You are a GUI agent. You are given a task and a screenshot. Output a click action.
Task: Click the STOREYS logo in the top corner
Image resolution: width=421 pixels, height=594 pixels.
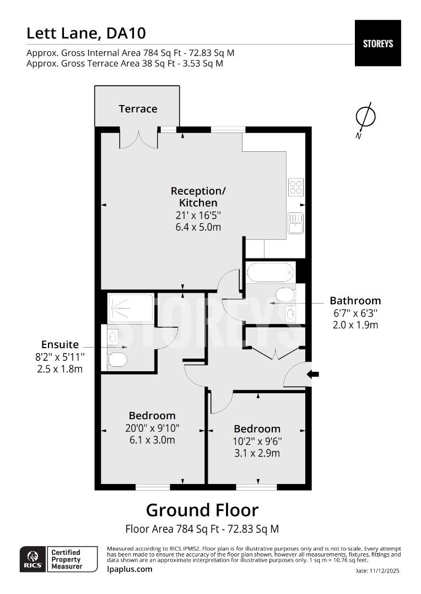[x=377, y=43]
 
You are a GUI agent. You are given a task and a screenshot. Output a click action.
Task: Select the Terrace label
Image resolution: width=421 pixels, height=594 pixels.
[x=138, y=109]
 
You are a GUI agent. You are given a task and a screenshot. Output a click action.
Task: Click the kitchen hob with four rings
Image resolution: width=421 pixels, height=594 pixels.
[x=295, y=188]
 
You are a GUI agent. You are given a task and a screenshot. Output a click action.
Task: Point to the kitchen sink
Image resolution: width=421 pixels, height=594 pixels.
[x=295, y=223]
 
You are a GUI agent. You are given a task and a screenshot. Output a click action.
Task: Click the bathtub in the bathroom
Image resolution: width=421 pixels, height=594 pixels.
[x=271, y=272]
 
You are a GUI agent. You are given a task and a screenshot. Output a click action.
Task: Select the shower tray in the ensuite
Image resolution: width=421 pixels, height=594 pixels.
[x=131, y=308]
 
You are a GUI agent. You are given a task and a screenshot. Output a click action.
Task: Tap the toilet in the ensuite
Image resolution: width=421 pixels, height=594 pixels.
[x=117, y=360]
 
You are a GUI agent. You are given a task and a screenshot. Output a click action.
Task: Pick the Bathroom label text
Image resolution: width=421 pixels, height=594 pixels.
[x=355, y=301]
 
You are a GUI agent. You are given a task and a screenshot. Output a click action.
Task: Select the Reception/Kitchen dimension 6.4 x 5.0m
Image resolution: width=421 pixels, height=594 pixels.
[x=198, y=227]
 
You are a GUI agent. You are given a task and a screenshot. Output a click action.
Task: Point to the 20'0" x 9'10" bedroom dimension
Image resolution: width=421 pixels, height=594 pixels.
[x=152, y=428]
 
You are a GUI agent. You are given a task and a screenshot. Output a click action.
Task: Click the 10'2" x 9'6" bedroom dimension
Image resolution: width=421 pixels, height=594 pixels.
[x=257, y=441]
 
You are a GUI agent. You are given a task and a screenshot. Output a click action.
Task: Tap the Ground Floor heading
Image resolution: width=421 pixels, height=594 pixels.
[x=202, y=510]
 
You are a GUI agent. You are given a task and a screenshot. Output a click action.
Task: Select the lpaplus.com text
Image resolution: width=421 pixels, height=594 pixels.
[x=129, y=569]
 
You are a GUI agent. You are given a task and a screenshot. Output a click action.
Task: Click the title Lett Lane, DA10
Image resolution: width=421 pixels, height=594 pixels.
[x=86, y=34]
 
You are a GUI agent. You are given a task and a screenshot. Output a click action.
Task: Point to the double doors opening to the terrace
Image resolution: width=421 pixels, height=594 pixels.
[x=139, y=139]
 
